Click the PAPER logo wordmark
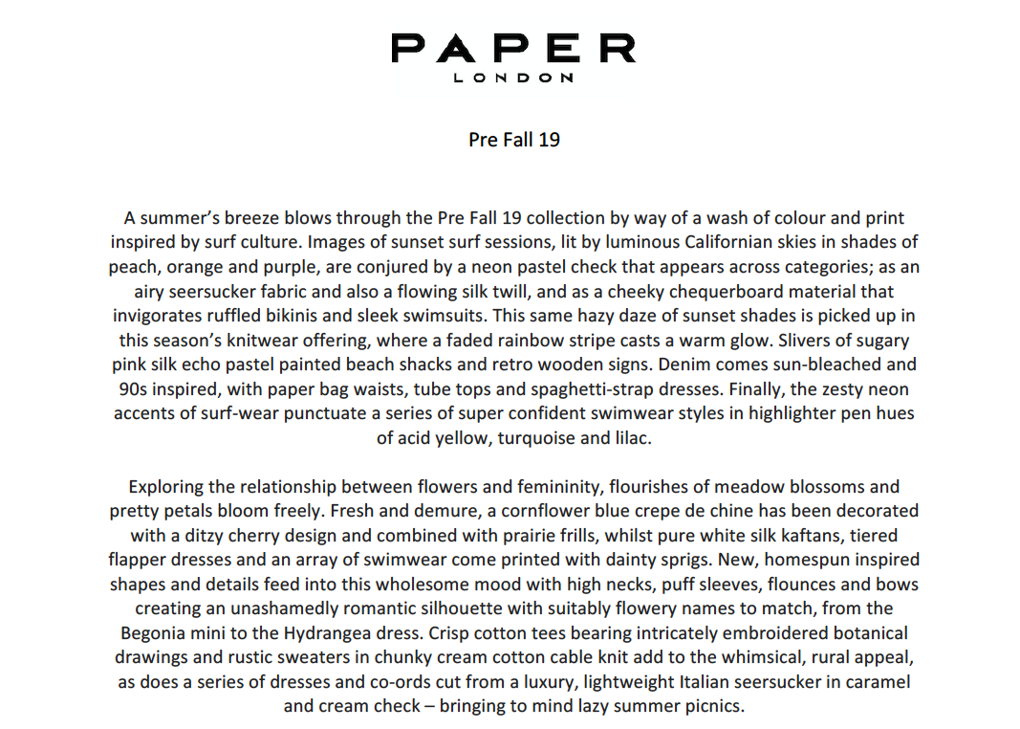point(513,48)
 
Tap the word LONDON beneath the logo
point(513,78)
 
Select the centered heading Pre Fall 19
point(513,140)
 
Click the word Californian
point(708,242)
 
